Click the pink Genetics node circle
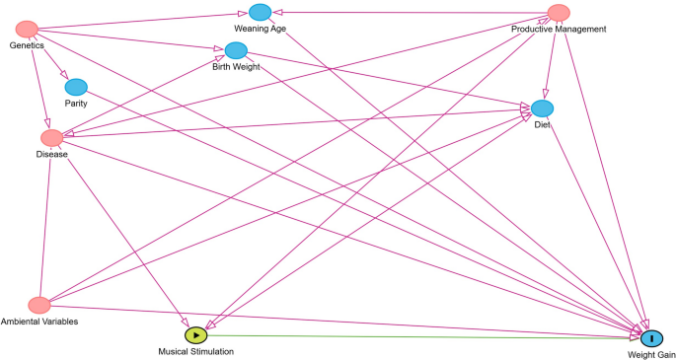(x=28, y=30)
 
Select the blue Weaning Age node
(x=260, y=12)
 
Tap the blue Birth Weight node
(x=236, y=50)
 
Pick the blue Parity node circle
(x=76, y=87)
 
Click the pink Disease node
(x=51, y=137)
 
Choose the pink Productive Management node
(x=559, y=13)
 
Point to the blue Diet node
(x=542, y=108)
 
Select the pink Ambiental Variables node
(x=39, y=305)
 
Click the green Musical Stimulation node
(x=196, y=335)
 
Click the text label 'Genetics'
(x=28, y=46)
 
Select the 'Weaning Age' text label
(x=260, y=29)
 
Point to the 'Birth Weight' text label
(x=236, y=67)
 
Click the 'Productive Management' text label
(x=558, y=29)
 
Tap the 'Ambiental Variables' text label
(x=39, y=322)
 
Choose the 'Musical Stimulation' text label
(x=196, y=351)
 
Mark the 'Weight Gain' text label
(x=651, y=354)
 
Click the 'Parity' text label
(x=76, y=103)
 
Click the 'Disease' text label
(x=51, y=154)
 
